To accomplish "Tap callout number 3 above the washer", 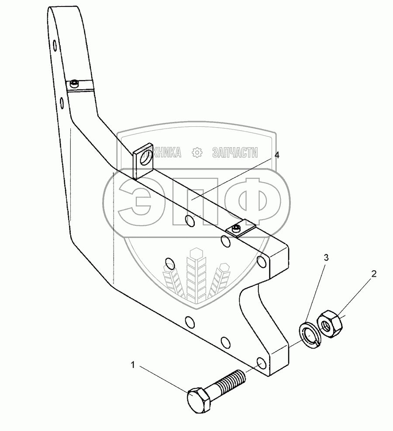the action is [326, 257].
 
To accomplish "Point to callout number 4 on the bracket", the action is [277, 156].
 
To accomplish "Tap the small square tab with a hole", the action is [144, 161].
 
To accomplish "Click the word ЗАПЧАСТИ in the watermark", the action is [234, 152].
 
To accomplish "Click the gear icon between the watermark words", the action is [197, 152].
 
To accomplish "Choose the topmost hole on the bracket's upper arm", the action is [54, 45].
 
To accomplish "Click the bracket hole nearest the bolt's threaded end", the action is [261, 363].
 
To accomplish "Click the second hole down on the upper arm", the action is [62, 103].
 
